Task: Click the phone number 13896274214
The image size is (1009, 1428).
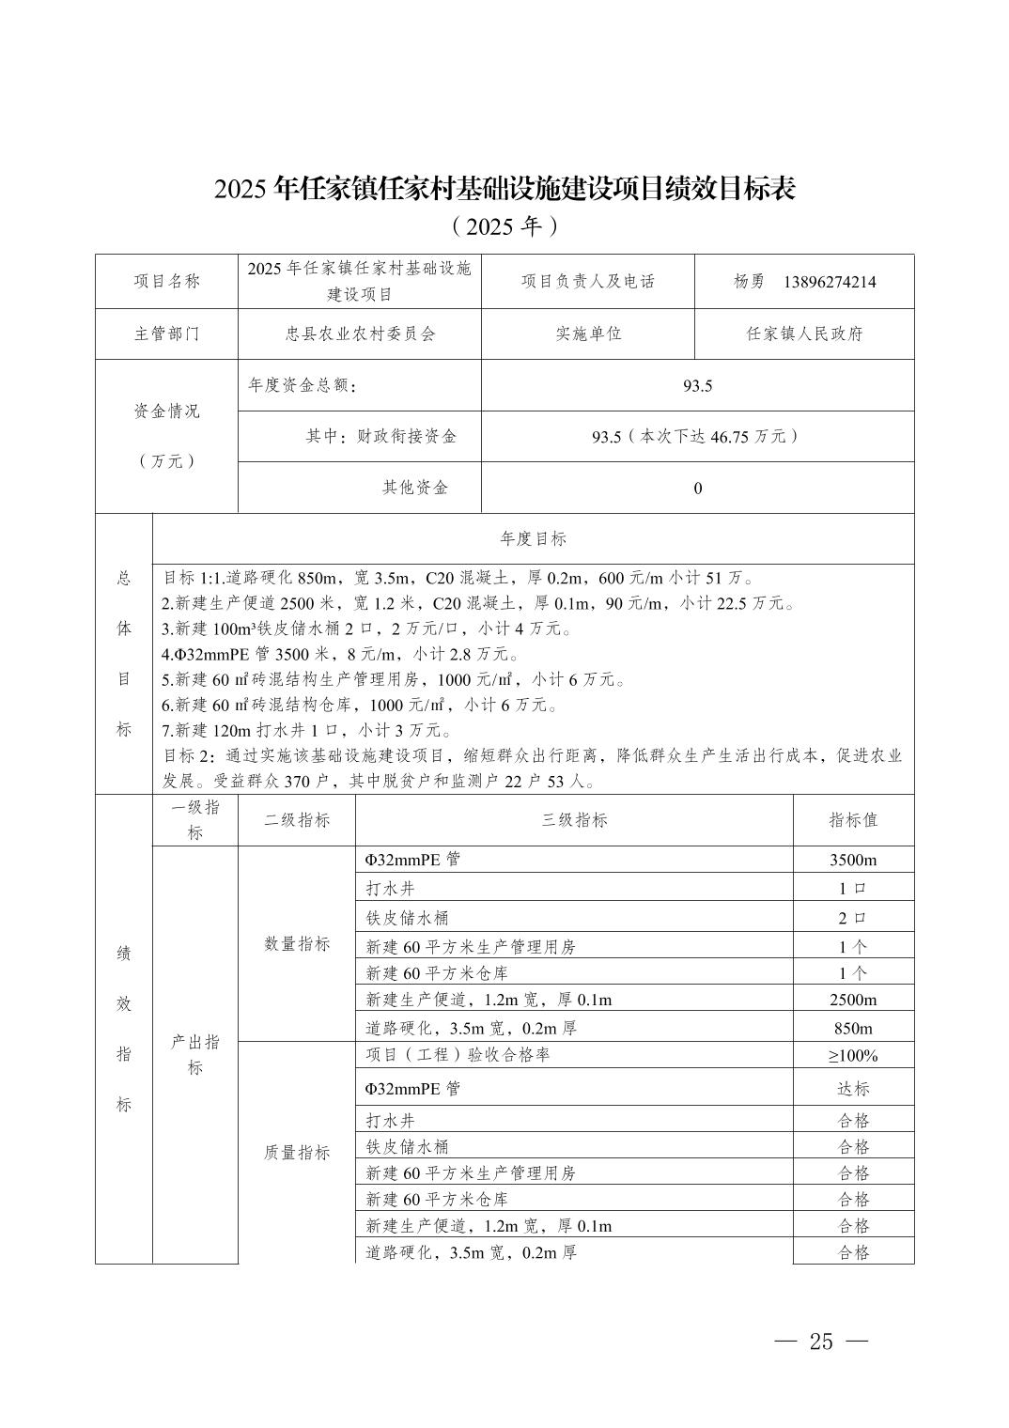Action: click(x=829, y=282)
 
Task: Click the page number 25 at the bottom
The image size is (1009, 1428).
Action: click(x=820, y=1341)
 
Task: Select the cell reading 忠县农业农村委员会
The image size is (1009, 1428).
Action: click(x=360, y=334)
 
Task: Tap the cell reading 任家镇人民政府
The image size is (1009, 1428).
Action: click(x=804, y=334)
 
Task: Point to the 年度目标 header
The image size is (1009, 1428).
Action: click(x=533, y=538)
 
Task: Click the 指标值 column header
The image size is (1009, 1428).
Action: click(x=853, y=820)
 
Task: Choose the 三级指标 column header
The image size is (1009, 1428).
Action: click(x=574, y=820)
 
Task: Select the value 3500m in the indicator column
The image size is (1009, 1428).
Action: click(x=853, y=860)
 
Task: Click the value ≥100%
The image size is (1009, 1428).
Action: click(x=853, y=1056)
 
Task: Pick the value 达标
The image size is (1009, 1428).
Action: click(x=853, y=1089)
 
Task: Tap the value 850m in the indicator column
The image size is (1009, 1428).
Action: click(x=853, y=1028)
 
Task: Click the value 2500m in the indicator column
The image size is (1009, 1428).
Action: click(x=853, y=1000)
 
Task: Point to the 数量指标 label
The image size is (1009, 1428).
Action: click(x=297, y=944)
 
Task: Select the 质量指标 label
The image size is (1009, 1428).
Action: click(x=297, y=1153)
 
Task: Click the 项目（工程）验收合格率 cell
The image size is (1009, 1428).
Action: click(x=458, y=1055)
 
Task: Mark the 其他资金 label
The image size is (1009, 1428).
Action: click(x=415, y=488)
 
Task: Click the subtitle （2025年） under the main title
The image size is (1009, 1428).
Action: click(x=504, y=226)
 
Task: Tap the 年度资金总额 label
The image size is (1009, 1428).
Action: click(x=303, y=385)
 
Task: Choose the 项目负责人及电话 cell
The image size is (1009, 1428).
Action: click(x=588, y=281)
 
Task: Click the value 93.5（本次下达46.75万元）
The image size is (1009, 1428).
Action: click(x=697, y=437)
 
